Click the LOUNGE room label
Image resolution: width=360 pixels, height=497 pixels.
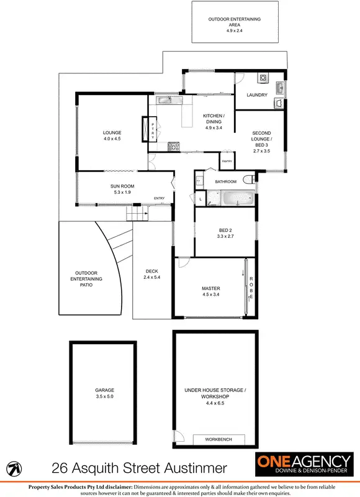[112, 132]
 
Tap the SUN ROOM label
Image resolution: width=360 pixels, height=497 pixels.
[122, 186]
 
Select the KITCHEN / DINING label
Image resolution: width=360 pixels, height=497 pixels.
[214, 117]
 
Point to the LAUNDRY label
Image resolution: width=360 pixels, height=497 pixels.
[256, 95]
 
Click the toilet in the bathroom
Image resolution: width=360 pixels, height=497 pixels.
[249, 180]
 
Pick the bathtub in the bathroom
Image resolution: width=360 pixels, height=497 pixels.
[236, 199]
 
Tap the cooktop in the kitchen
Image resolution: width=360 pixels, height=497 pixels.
[173, 147]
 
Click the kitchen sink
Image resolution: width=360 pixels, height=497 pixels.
[164, 100]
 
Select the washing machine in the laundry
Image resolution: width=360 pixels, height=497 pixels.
[263, 79]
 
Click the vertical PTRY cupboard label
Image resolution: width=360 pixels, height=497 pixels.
[153, 130]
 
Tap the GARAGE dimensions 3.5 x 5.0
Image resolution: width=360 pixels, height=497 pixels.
[104, 396]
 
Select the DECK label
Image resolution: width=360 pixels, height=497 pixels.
[152, 271]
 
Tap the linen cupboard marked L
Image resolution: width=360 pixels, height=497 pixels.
[200, 198]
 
